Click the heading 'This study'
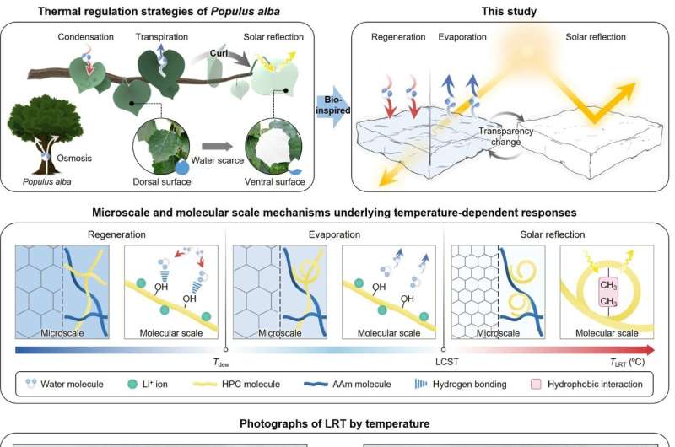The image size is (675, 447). [503, 12]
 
